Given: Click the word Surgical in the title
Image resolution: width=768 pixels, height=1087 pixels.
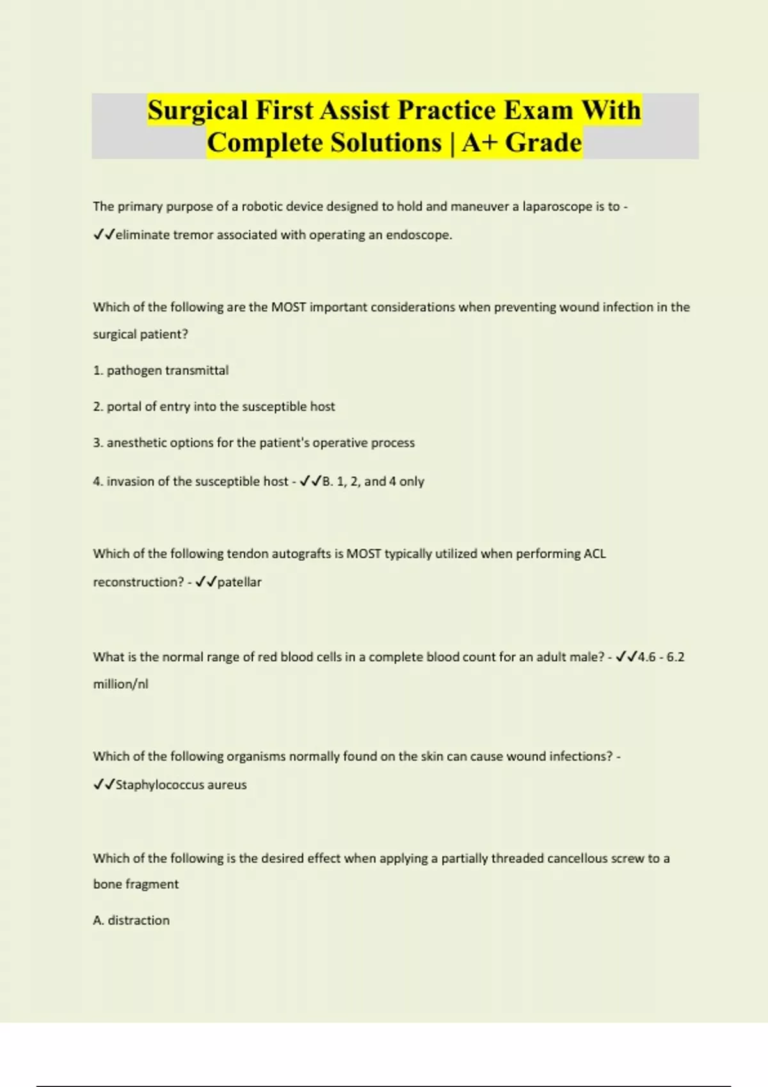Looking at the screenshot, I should (x=198, y=110).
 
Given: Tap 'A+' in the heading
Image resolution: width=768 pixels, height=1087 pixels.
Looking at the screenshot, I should (x=480, y=142).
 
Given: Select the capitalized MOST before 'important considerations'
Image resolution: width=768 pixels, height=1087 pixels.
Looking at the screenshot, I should (x=289, y=307).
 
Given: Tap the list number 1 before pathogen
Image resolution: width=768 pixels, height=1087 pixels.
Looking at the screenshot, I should (x=97, y=370).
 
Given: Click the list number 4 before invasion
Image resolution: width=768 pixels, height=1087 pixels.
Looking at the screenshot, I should (x=97, y=481).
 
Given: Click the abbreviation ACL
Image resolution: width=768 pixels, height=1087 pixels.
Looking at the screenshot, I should (x=595, y=554).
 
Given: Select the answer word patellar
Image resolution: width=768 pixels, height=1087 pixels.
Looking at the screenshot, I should (x=239, y=582).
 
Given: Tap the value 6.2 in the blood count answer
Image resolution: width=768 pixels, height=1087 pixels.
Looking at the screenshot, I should (x=675, y=657).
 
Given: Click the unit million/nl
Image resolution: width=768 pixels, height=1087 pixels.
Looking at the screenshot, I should (x=120, y=684).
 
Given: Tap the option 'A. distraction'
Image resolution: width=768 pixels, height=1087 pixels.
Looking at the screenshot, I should (x=131, y=920).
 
